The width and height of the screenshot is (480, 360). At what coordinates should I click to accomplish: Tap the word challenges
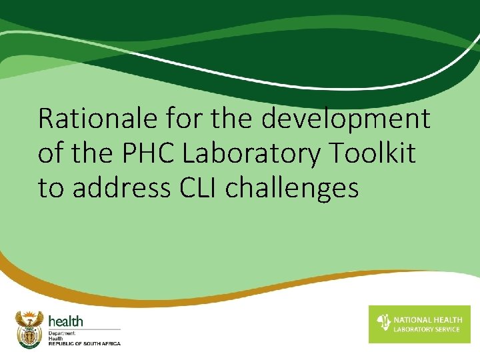tap(293, 189)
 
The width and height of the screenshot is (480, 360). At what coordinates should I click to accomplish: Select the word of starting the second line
tap(50, 154)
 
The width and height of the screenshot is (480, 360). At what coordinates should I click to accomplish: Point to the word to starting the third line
tap(51, 188)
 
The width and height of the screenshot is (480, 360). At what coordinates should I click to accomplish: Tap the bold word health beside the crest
tap(65, 321)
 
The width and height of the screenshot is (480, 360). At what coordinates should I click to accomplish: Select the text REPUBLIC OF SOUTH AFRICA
tap(85, 343)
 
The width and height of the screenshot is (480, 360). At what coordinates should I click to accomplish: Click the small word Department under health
tap(62, 332)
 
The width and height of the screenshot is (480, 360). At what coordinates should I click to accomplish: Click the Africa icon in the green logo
tap(383, 323)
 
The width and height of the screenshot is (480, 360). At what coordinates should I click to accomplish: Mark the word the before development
tap(237, 119)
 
